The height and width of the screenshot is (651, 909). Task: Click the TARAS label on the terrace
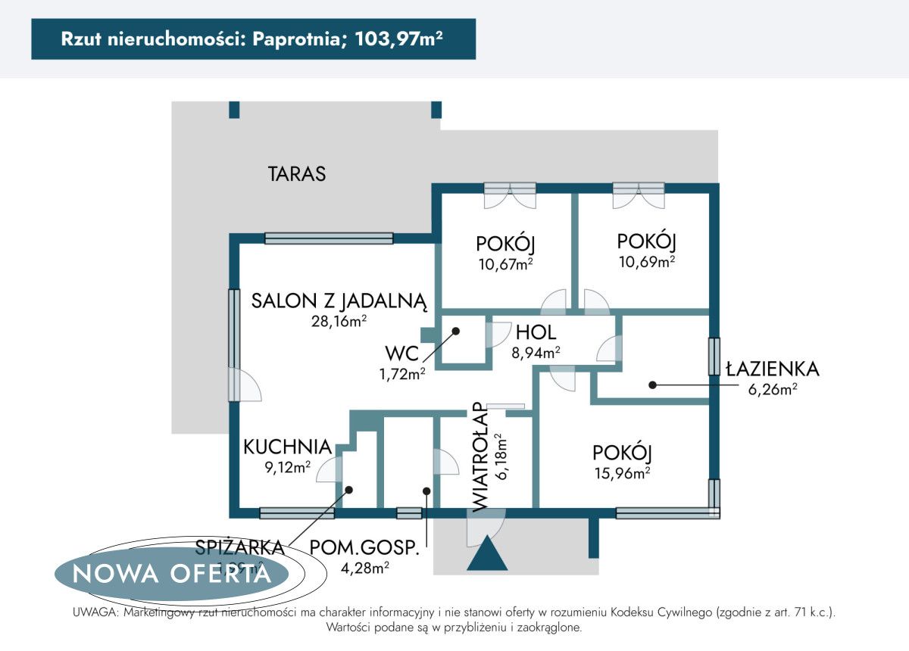pos(297,173)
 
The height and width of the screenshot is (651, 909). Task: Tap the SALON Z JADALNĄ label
pos(339,301)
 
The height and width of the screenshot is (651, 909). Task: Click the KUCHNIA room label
pos(287,447)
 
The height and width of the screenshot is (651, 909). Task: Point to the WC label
pos(401,354)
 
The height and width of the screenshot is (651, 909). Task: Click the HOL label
pos(536,332)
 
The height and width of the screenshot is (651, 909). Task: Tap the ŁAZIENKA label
pos(772,369)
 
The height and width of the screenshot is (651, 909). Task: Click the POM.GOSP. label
pos(364,547)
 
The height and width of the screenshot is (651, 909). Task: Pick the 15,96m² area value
pos(622,475)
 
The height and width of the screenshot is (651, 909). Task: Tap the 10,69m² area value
pos(646,262)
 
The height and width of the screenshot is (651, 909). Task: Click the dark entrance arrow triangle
pos(488,555)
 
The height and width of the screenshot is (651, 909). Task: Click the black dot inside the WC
pos(457,331)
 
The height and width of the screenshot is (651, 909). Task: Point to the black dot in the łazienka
pos(651,385)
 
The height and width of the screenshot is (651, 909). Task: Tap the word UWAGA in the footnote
pos(95,612)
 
